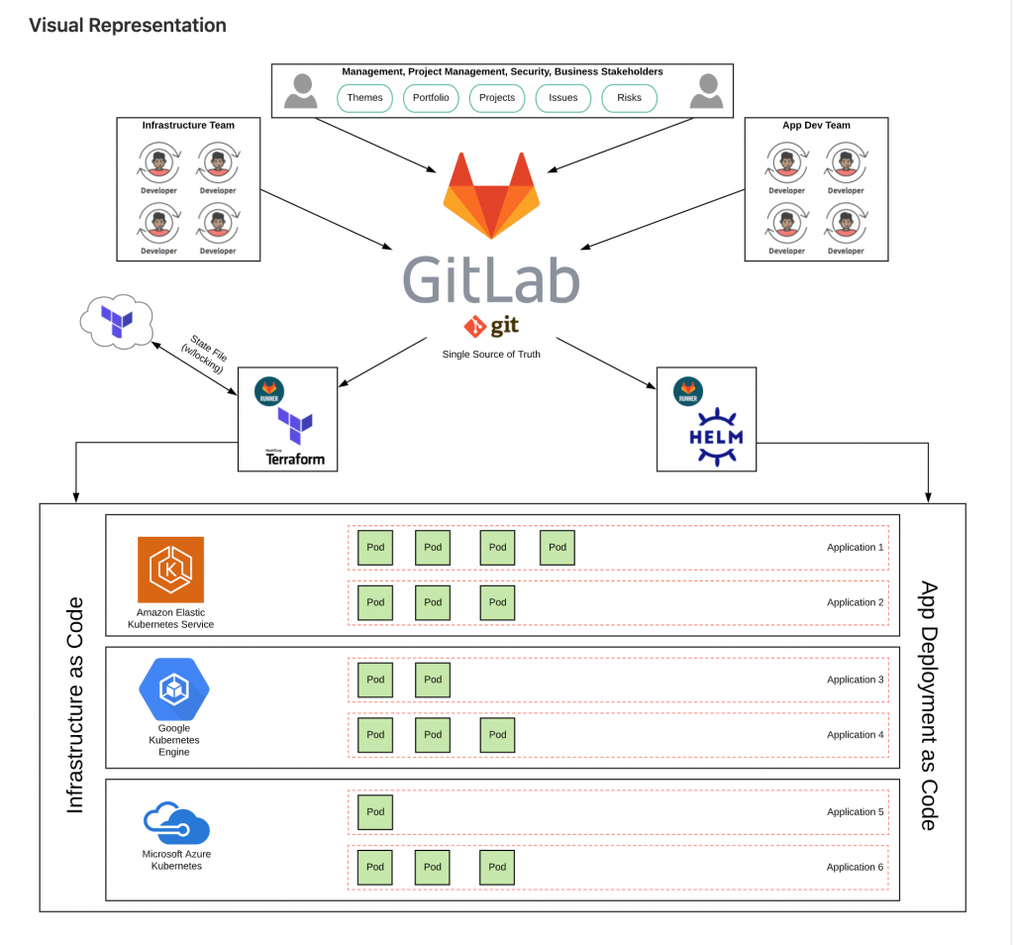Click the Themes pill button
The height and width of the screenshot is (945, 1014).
pos(364,98)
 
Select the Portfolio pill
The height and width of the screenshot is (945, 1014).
pos(431,98)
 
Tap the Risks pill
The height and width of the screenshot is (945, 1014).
pos(629,98)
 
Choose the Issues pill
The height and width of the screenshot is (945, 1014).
pos(562,98)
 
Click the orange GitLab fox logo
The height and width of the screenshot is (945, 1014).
pos(491,195)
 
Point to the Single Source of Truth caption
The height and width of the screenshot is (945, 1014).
pos(491,354)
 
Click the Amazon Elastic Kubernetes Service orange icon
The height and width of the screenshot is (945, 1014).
pos(170,570)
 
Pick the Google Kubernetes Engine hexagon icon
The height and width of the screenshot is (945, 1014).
pos(174,689)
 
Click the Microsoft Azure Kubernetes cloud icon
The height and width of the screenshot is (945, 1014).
pos(176,823)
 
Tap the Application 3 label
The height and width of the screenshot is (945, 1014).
pos(856,680)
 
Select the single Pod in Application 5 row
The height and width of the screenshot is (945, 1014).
pos(375,812)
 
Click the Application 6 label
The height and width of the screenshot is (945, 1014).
pos(856,867)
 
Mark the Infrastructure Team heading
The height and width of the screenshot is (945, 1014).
pos(188,126)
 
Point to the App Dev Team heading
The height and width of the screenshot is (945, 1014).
pos(816,126)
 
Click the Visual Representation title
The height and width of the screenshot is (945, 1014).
pos(128,26)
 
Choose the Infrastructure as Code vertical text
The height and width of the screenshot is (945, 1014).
pos(75,705)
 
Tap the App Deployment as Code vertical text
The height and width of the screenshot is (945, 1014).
pos(928,705)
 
